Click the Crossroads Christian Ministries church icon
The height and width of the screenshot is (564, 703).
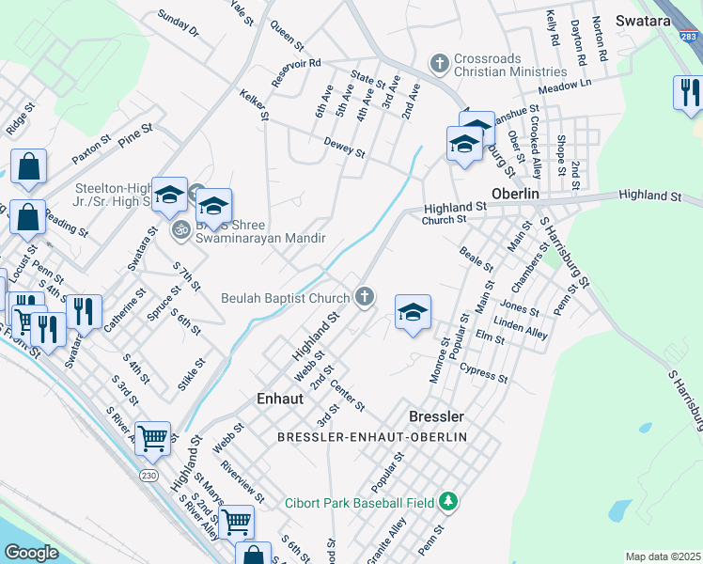coord(439,65)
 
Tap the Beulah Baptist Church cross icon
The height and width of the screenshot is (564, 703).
coord(364,298)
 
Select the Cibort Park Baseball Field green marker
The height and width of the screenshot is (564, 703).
coord(449,502)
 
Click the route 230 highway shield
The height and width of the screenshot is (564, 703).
coord(149,477)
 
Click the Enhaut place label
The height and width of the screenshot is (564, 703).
coord(280,399)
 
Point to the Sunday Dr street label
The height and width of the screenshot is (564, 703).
coord(179,23)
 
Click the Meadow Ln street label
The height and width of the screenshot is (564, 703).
coord(565,85)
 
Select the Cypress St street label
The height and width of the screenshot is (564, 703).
coord(485,375)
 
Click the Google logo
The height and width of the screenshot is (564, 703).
coord(31,553)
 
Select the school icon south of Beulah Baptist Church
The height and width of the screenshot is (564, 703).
coord(413,313)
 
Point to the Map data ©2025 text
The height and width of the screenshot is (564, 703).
coord(663,556)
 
